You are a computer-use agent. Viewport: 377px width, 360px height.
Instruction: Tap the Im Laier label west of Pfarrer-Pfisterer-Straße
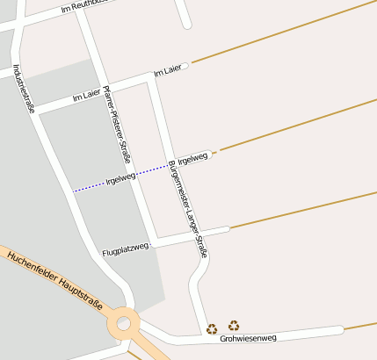tap(88, 94)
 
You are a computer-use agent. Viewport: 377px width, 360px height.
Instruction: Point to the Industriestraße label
tap(24, 88)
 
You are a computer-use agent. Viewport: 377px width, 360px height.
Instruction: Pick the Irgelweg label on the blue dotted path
tap(120, 179)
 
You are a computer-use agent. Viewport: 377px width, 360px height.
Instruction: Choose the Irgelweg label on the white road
tap(192, 159)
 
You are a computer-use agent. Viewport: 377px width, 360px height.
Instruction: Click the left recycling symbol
tap(212, 329)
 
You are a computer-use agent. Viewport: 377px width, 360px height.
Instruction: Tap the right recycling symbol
tap(234, 326)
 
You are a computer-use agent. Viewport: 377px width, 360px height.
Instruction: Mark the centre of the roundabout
tap(124, 325)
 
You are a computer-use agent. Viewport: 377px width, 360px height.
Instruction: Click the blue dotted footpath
tap(88, 187)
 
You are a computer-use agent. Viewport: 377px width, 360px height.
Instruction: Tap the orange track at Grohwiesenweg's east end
tap(361, 327)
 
